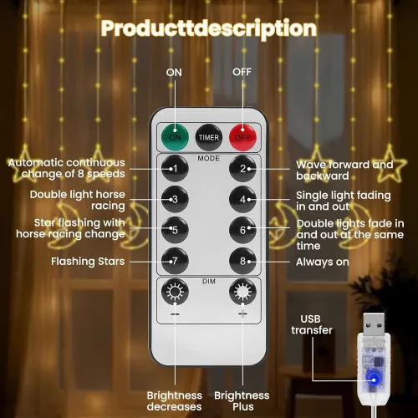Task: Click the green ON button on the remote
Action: pos(175,137)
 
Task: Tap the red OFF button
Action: pos(242,137)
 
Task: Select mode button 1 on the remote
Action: pos(175,169)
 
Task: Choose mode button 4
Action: pos(242,199)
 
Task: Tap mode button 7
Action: pos(175,261)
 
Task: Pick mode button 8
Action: pos(242,261)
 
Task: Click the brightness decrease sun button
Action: pos(175,292)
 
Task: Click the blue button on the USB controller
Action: pos(374,380)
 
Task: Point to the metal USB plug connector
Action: pos(374,324)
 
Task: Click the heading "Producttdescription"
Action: pos(209,28)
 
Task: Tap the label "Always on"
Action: pos(323,262)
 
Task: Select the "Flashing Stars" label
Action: pos(88,262)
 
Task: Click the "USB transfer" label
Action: pos(312,324)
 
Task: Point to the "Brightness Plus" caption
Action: pos(242,401)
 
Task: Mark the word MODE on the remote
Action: pos(209,158)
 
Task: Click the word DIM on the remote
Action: pos(209,281)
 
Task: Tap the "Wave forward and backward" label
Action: pos(344,171)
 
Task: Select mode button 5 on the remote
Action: pos(175,230)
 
